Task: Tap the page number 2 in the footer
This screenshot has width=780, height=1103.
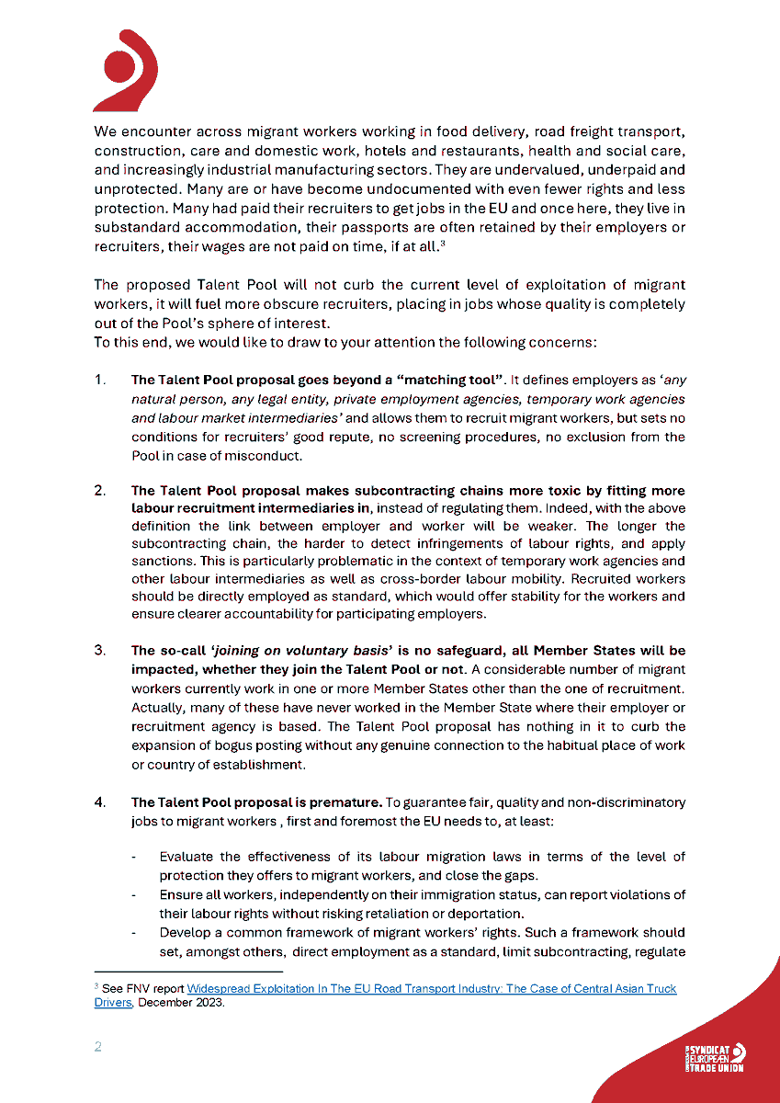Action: [98, 1048]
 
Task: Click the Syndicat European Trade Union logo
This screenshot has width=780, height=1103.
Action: [715, 1058]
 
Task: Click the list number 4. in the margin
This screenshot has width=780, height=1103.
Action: [100, 802]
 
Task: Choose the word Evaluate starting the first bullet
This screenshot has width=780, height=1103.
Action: [187, 857]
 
